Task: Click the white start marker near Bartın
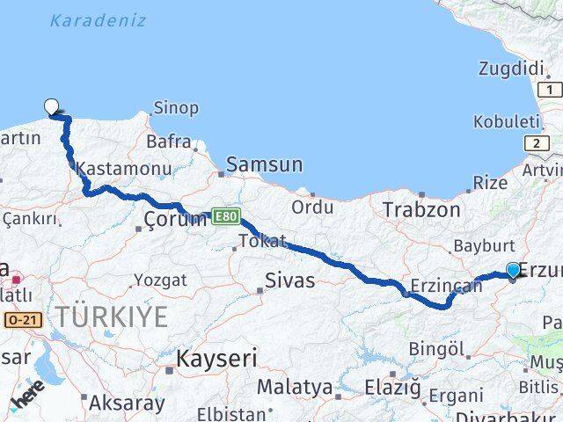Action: coord(52,107)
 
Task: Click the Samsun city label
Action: coord(264,164)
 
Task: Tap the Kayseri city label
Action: coord(216,358)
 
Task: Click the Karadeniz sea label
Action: coord(98,19)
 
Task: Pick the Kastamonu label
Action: coord(111,168)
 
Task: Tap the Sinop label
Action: coord(176,108)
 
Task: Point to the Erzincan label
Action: coord(446,285)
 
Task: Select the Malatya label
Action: coord(295,386)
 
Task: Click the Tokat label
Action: coord(262,241)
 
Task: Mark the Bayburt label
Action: coord(479,245)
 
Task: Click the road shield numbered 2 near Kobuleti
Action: coord(536,142)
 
